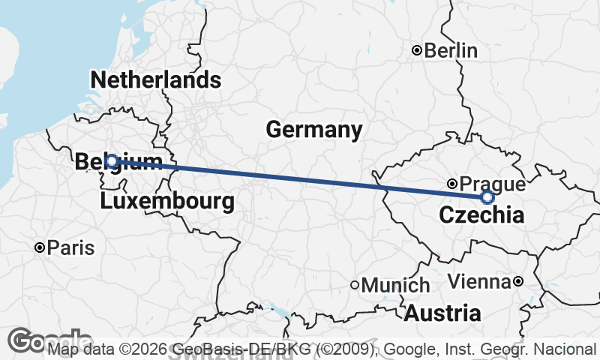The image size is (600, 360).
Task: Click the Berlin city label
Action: point(451,51)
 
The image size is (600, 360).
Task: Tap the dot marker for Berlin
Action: point(417,51)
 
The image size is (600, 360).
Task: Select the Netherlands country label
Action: point(155,79)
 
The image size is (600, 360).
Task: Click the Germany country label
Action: point(313,130)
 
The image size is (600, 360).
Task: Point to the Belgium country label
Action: point(118,161)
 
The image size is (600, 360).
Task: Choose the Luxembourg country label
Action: point(166,201)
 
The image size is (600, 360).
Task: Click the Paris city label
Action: point(70,247)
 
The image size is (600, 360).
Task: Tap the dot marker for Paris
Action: point(40,247)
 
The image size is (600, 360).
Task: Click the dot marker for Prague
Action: point(451,183)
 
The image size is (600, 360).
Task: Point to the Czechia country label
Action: point(480,216)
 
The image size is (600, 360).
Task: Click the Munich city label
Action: point(395,285)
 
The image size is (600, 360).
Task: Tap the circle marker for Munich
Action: point(355,285)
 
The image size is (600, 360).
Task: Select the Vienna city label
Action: point(478,282)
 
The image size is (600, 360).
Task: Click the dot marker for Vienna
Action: point(518,282)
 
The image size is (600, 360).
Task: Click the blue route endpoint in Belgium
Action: point(111,160)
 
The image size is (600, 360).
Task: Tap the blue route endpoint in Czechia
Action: point(487,197)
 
